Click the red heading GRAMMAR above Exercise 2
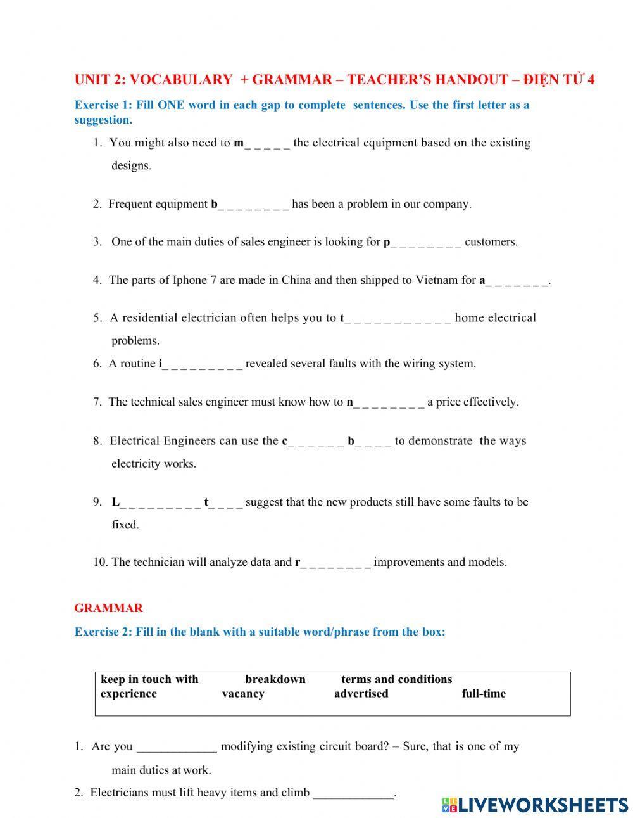[x=108, y=608]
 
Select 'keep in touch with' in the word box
[x=149, y=679]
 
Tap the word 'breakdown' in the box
[x=275, y=679]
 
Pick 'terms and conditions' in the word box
[x=396, y=679]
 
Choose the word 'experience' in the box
[x=128, y=694]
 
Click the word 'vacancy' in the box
[x=243, y=694]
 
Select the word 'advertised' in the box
[x=361, y=694]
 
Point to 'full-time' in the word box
[x=484, y=694]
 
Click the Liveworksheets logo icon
[x=449, y=805]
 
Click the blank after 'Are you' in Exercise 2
[x=177, y=746]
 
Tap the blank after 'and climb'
[x=354, y=793]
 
